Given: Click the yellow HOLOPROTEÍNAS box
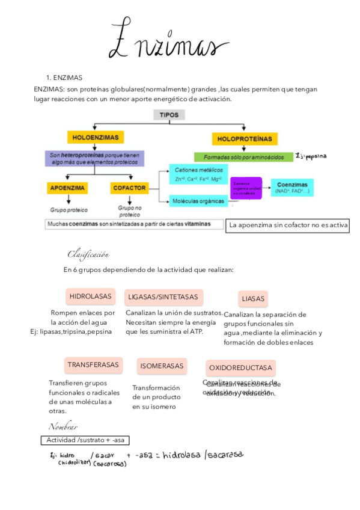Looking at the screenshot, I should coord(243,139).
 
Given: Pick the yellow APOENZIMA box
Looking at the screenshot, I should coord(67,188).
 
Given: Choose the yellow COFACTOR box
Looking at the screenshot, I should coord(129,188).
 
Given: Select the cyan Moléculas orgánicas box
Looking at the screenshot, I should coord(198,201).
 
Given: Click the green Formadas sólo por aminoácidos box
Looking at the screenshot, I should coord(243,156).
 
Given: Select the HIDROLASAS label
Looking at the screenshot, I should coord(90,296).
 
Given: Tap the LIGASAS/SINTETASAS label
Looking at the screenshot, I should coord(163,297).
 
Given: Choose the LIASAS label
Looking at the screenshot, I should coord(253,298).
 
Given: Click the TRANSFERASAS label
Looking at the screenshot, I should coord(93,365).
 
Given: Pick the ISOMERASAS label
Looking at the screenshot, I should coord(162,366).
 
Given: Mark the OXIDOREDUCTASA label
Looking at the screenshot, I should coord(240,367).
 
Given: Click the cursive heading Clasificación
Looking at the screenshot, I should coord(88,254).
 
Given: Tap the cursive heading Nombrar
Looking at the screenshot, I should coord(63,426).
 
